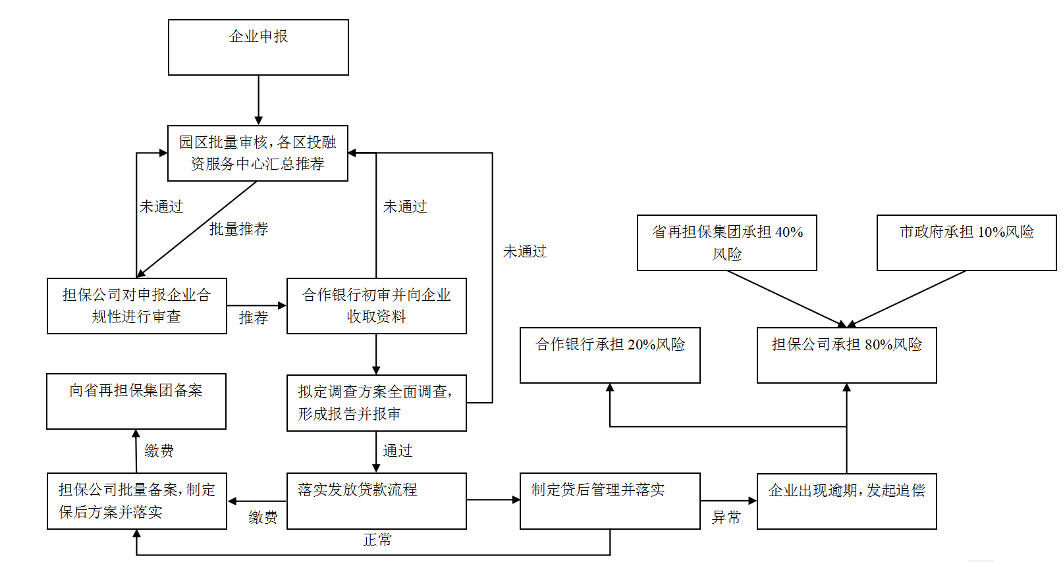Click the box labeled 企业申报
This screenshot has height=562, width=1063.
pyautogui.click(x=258, y=47)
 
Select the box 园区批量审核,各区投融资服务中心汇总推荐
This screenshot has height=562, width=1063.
pyautogui.click(x=258, y=153)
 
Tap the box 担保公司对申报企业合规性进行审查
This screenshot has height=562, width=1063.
pyautogui.click(x=137, y=306)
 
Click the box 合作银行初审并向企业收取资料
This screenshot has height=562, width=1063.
pyautogui.click(x=377, y=306)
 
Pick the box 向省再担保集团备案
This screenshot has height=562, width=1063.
pyautogui.click(x=136, y=401)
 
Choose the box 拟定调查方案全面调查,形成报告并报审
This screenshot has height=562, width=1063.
pyautogui.click(x=377, y=403)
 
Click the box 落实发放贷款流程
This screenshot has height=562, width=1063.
pyautogui.click(x=377, y=501)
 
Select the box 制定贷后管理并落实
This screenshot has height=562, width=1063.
pyautogui.click(x=610, y=501)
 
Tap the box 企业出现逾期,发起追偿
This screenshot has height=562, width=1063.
pyautogui.click(x=847, y=501)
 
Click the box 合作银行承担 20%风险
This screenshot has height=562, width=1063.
pyautogui.click(x=610, y=355)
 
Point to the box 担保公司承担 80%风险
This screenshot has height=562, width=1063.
pyautogui.click(x=847, y=355)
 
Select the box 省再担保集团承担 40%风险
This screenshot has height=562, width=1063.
pyautogui.click(x=727, y=243)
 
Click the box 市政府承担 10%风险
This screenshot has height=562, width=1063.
pyautogui.click(x=967, y=243)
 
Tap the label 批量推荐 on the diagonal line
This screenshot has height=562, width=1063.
pyautogui.click(x=238, y=229)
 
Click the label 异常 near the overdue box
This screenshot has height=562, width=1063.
pyautogui.click(x=726, y=517)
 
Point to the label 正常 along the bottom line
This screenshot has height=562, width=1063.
pyautogui.click(x=377, y=540)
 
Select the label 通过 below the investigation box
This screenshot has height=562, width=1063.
pyautogui.click(x=398, y=451)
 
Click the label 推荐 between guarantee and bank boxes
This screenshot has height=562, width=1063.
pyautogui.click(x=254, y=318)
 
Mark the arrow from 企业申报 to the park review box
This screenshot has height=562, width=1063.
pyautogui.click(x=258, y=100)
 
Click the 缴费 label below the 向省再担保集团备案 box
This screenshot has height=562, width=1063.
pyautogui.click(x=159, y=451)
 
